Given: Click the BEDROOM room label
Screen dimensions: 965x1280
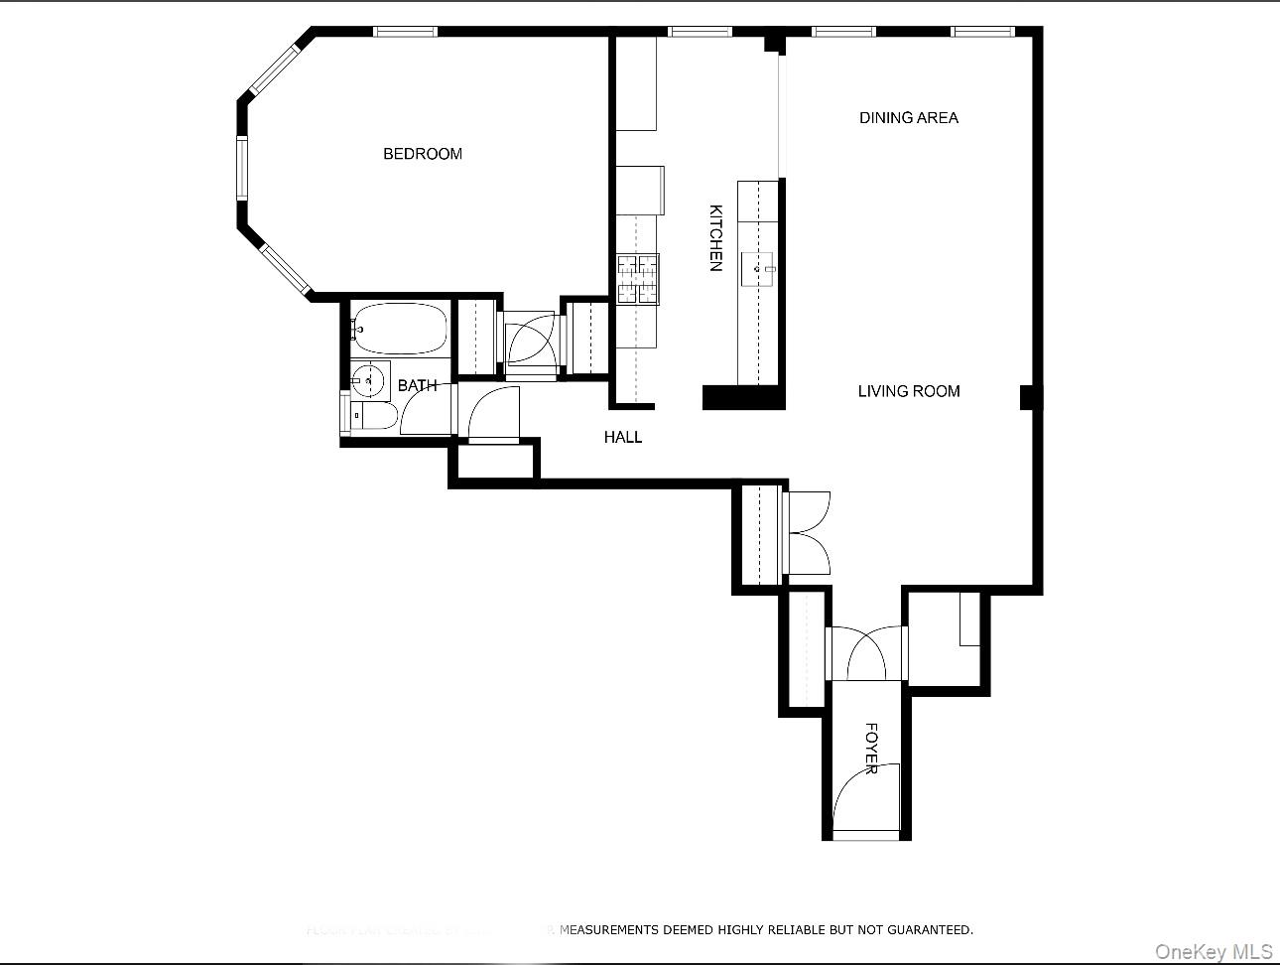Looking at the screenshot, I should pos(423,154).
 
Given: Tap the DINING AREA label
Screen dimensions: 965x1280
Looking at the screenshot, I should pos(908,118).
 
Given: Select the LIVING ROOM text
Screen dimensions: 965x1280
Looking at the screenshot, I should pos(908,391).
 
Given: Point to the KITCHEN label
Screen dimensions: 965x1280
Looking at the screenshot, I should pos(715,237).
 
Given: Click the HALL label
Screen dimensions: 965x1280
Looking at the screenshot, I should pos(623,437).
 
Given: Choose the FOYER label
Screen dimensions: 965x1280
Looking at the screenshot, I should pos(871,749).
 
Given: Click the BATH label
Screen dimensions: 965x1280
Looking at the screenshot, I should pos(417,385).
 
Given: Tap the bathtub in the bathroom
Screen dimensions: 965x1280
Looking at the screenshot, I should pos(400,329).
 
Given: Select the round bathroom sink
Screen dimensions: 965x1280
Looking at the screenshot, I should pos(367,379).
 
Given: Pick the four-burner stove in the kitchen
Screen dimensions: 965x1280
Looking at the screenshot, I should pos(638,279).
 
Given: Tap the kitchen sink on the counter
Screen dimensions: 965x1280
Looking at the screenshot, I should pos(759,268).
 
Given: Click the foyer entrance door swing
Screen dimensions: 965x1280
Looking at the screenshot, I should pos(866,799).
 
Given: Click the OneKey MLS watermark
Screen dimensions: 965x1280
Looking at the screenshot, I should pos(1213,951).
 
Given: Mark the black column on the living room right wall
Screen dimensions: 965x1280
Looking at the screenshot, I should pos(1030,397).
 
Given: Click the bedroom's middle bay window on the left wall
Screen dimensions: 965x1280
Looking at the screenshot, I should pos(241,168).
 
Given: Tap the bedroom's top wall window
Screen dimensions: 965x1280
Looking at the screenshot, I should pos(405,32).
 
